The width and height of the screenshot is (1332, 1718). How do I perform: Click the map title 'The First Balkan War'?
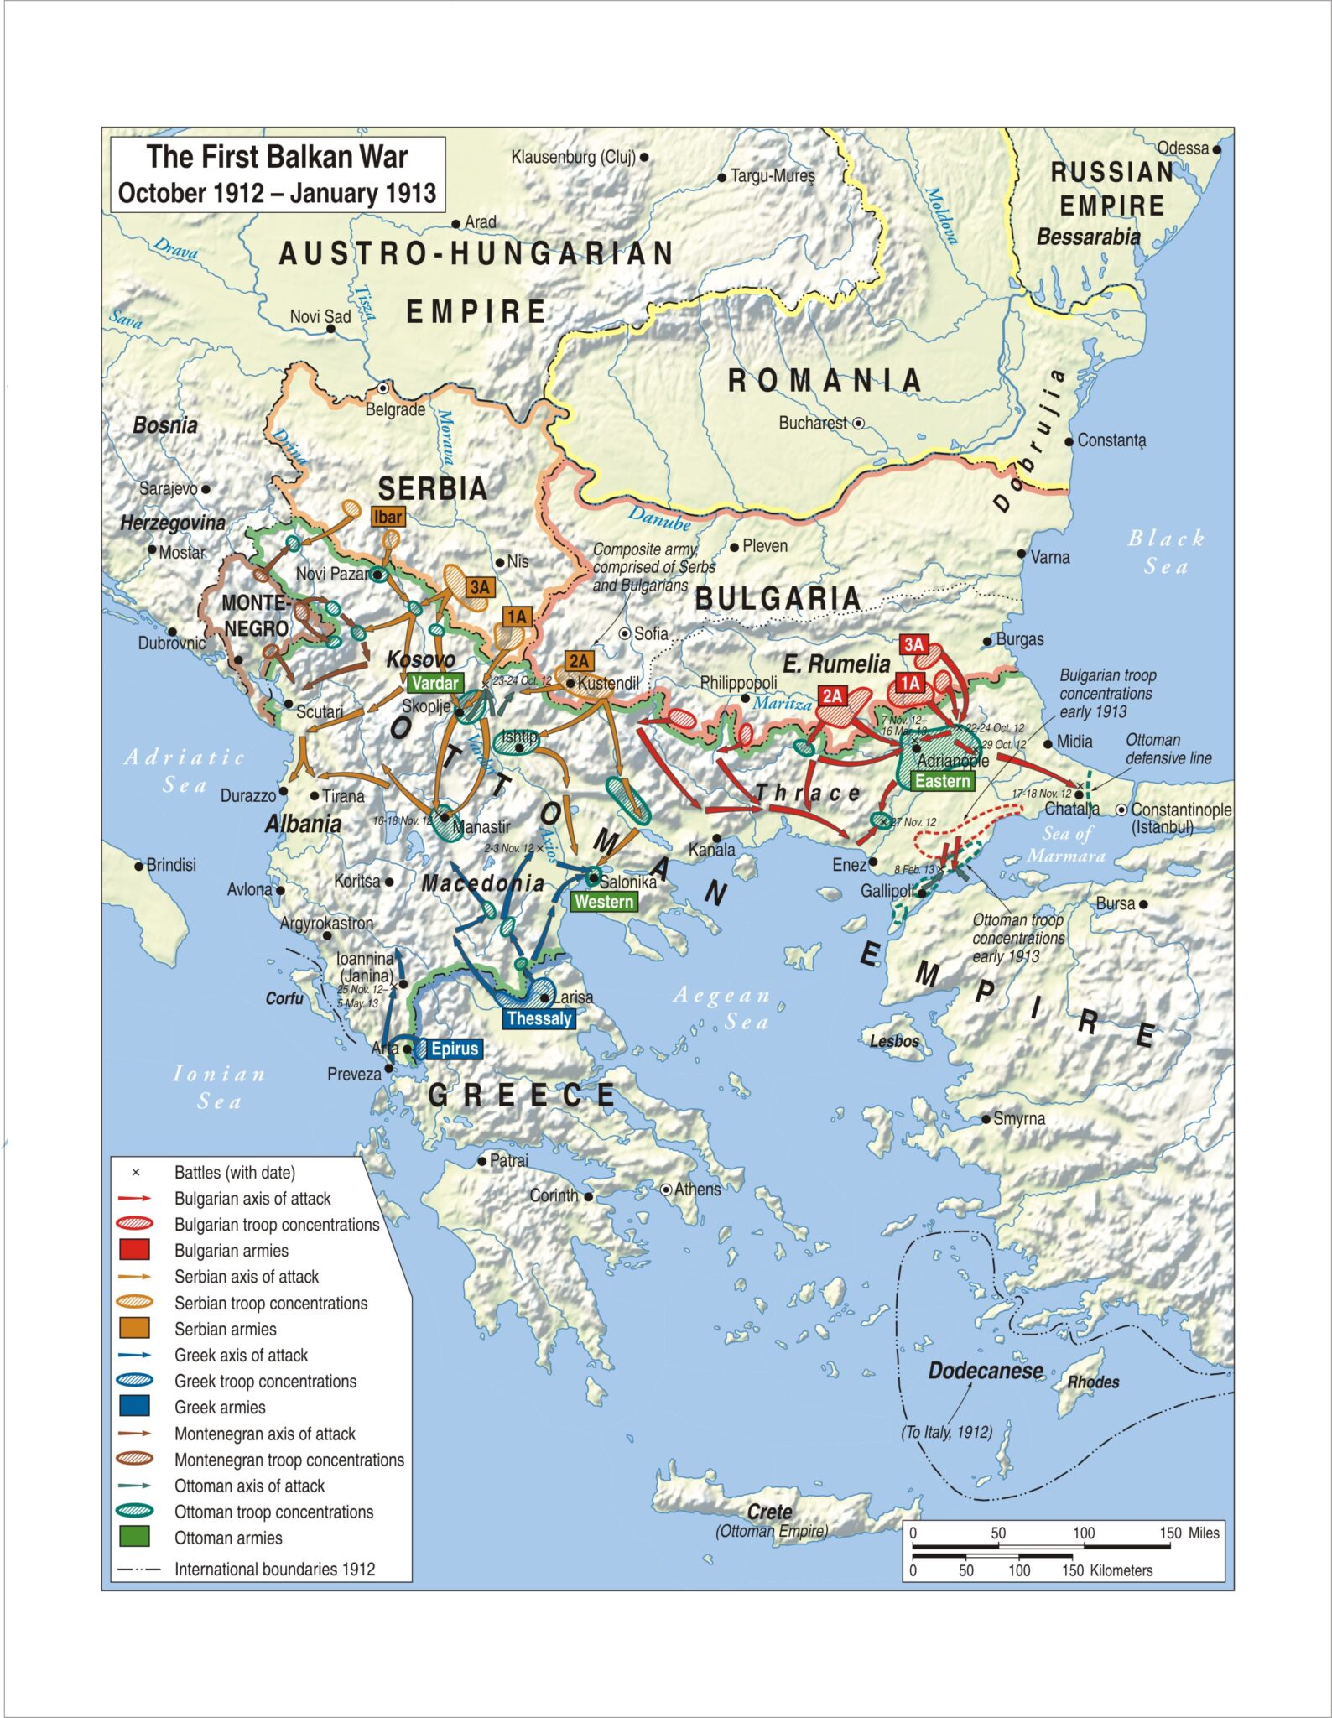(x=277, y=157)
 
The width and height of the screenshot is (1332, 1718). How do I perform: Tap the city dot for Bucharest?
(x=859, y=424)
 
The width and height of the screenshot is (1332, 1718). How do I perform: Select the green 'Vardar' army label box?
(x=435, y=683)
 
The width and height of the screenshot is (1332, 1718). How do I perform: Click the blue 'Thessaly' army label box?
(x=539, y=1018)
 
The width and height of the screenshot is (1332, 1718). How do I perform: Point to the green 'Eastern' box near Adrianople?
(x=942, y=781)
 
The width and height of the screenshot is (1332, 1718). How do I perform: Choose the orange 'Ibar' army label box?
(x=388, y=517)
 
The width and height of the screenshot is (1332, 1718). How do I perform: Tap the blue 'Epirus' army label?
(x=454, y=1049)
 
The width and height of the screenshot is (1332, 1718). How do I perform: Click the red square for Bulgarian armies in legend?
(x=135, y=1250)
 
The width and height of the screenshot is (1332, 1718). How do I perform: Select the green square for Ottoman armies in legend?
(x=135, y=1537)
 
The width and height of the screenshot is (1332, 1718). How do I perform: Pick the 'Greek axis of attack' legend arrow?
(x=135, y=1355)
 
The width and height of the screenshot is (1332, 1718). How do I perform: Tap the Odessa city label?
(x=1183, y=148)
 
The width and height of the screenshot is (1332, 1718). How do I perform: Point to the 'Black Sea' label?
(x=1166, y=551)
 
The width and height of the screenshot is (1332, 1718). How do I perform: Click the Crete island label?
(x=769, y=1512)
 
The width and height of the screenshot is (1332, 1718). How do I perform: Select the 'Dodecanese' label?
(x=985, y=1371)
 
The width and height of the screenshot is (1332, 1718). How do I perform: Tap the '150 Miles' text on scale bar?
(x=1189, y=1533)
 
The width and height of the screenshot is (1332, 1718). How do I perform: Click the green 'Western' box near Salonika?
(x=604, y=902)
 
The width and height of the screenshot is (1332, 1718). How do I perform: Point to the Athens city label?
(x=697, y=1190)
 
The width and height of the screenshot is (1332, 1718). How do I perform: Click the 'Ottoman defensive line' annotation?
(x=1168, y=749)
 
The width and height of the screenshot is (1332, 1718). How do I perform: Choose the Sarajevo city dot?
(x=206, y=489)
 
